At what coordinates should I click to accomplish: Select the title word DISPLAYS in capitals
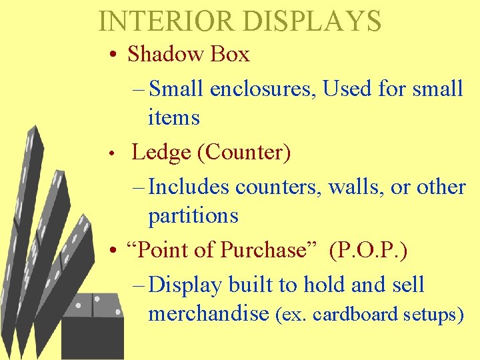311,21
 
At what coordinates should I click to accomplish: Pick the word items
173,118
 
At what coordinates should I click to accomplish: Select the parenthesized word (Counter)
244,153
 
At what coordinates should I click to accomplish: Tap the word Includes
189,187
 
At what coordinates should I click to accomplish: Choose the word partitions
193,216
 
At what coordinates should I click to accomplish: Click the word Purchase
263,250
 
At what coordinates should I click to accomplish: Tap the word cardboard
357,314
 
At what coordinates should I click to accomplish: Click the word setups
435,315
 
